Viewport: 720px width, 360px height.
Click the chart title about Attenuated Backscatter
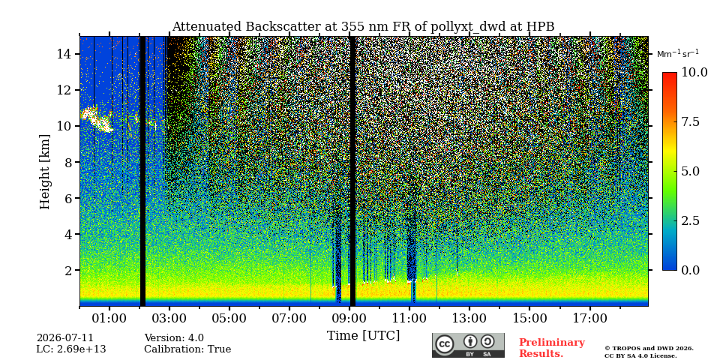coord(363,27)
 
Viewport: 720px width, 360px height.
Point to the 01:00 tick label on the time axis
coord(109,319)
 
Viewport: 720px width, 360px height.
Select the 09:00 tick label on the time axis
coord(349,319)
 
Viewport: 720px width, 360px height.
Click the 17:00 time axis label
coord(589,319)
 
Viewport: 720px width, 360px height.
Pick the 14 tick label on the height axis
coord(64,54)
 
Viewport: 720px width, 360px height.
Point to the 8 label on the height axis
coord(67,162)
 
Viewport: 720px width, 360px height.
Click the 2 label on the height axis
coord(67,270)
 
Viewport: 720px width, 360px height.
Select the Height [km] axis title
coord(44,172)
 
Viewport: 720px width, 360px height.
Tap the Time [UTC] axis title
coord(363,336)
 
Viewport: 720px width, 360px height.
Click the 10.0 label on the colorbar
coord(694,73)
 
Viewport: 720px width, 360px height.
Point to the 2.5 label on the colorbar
coord(690,220)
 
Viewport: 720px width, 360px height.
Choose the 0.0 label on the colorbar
coord(690,270)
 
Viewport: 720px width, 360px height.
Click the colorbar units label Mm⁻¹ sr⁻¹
coord(678,54)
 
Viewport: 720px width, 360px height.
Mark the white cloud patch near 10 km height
coord(97,119)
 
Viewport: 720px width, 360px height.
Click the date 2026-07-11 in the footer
coord(64,338)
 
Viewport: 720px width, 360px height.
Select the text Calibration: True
coord(187,349)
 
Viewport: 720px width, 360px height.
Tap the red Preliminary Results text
coord(552,348)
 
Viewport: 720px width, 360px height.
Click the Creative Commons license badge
coord(468,345)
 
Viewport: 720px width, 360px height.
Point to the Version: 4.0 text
coord(174,338)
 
